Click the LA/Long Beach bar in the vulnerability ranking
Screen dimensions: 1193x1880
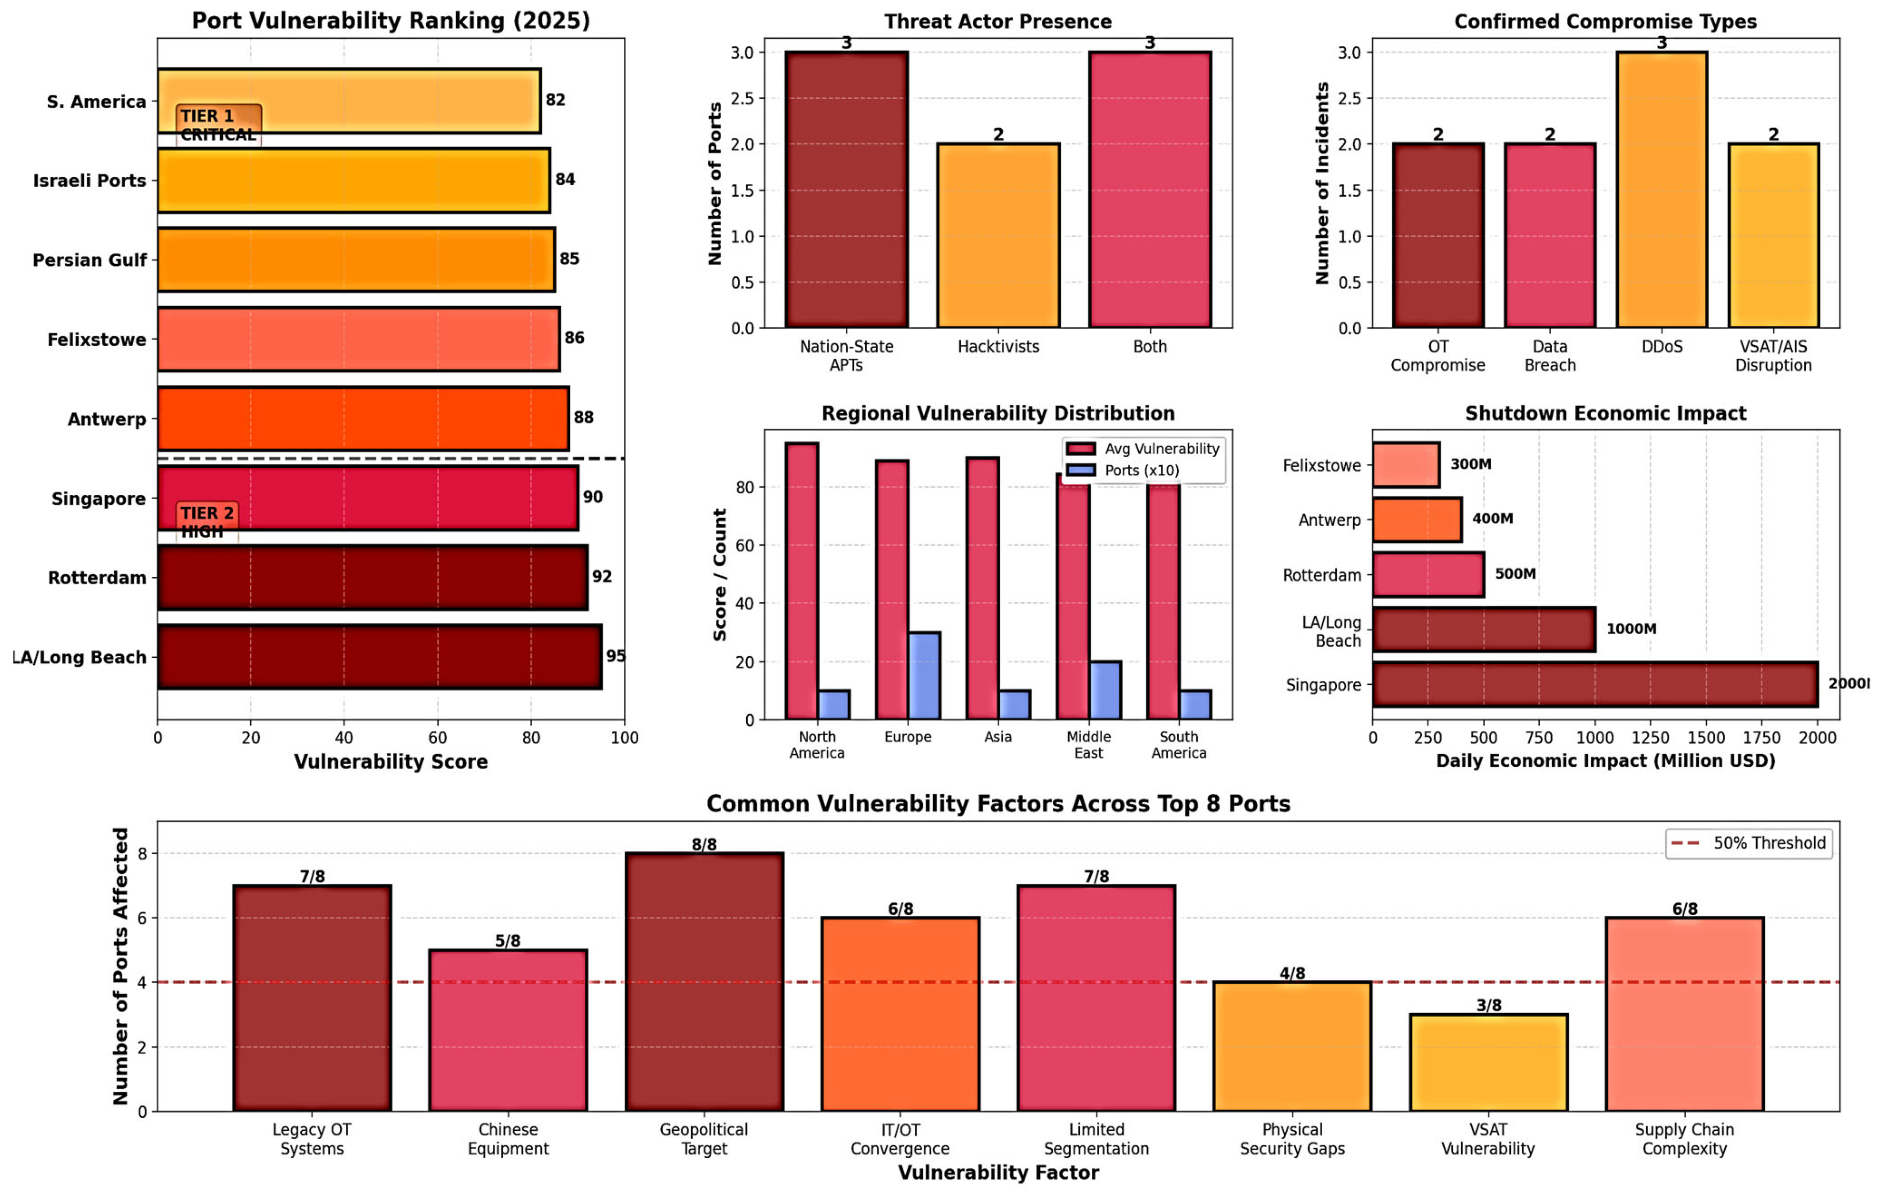(x=379, y=657)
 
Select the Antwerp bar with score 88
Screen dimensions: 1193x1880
(x=363, y=419)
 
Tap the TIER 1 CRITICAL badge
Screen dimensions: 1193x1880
(x=218, y=124)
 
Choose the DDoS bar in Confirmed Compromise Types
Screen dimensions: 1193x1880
(x=1662, y=190)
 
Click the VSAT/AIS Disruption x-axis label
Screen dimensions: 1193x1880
(x=1773, y=356)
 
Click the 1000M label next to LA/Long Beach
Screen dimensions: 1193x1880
(x=1631, y=628)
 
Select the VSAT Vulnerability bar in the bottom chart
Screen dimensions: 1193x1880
(x=1488, y=1063)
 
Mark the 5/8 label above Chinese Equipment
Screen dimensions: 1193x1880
(x=508, y=941)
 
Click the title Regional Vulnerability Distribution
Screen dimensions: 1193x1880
(x=998, y=413)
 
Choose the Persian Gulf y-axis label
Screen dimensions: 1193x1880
(x=89, y=260)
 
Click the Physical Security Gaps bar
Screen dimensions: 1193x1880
(x=1292, y=1046)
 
